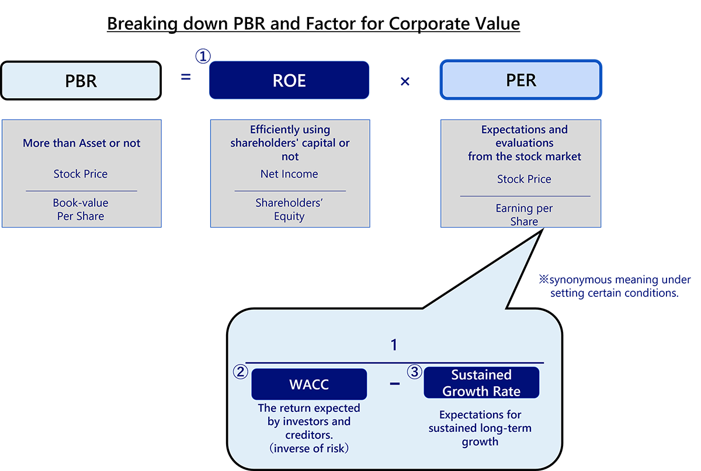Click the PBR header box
click(x=81, y=81)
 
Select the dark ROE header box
click(x=289, y=81)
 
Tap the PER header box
click(x=520, y=80)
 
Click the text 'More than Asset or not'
click(x=82, y=143)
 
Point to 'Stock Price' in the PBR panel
click(x=81, y=174)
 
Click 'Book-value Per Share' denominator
click(x=81, y=209)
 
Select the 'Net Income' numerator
click(x=289, y=174)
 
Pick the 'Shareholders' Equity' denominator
click(x=289, y=209)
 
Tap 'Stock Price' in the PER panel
click(x=524, y=179)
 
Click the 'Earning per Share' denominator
click(x=524, y=214)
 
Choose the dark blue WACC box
click(x=309, y=385)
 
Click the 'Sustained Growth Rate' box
click(x=481, y=383)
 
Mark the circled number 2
click(x=241, y=373)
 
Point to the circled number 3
click(x=414, y=372)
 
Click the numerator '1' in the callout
click(x=394, y=345)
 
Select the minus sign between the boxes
click(x=395, y=384)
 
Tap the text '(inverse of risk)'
click(x=309, y=449)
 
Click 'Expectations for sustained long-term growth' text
click(x=480, y=428)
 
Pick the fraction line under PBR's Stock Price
click(x=81, y=191)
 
